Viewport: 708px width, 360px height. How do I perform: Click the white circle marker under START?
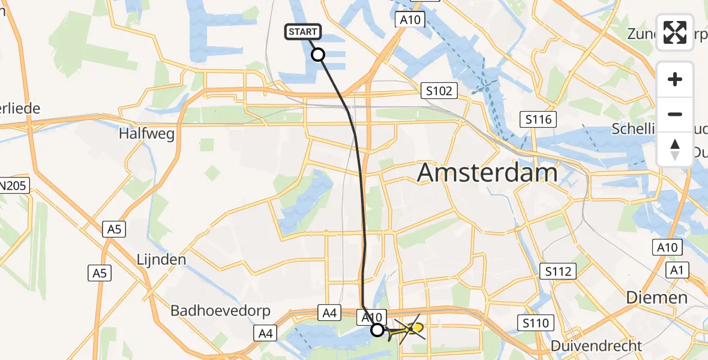click(318, 55)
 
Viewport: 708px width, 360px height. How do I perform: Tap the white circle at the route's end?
click(377, 329)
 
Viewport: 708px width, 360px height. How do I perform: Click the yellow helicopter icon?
click(410, 328)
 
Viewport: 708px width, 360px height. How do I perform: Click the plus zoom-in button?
click(675, 80)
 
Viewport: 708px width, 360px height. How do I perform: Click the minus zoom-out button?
click(675, 114)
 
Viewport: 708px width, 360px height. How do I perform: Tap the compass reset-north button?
click(675, 149)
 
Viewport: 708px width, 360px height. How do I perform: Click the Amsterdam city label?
click(487, 173)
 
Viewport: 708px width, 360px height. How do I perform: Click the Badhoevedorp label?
click(221, 311)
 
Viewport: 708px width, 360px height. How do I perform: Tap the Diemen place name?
click(656, 298)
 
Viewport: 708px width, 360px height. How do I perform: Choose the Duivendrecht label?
click(596, 346)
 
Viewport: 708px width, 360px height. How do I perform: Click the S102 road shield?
click(439, 91)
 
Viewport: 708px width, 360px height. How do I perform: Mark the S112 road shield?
click(557, 272)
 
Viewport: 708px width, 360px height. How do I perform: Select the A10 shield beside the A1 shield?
click(667, 247)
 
